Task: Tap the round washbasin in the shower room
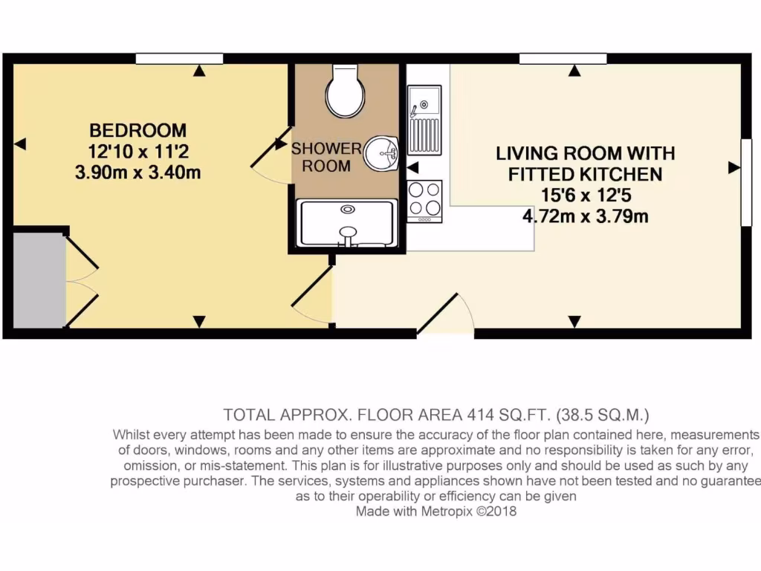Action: click(x=384, y=155)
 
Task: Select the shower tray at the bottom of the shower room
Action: click(x=346, y=223)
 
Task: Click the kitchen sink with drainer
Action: click(x=424, y=119)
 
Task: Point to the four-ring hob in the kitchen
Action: click(x=424, y=199)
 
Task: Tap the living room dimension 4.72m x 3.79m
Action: click(x=586, y=216)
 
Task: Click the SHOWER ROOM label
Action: click(x=326, y=157)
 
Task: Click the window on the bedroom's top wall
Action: click(x=179, y=59)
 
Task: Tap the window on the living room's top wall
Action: click(x=563, y=59)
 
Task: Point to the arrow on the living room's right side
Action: click(x=734, y=169)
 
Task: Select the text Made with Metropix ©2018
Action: click(x=435, y=512)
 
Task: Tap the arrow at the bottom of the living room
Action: click(x=574, y=321)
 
